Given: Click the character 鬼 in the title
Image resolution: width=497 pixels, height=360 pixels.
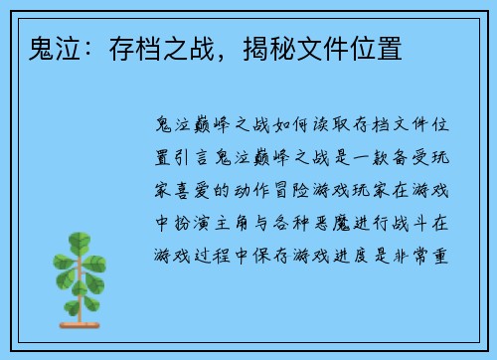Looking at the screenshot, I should coord(29,48).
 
